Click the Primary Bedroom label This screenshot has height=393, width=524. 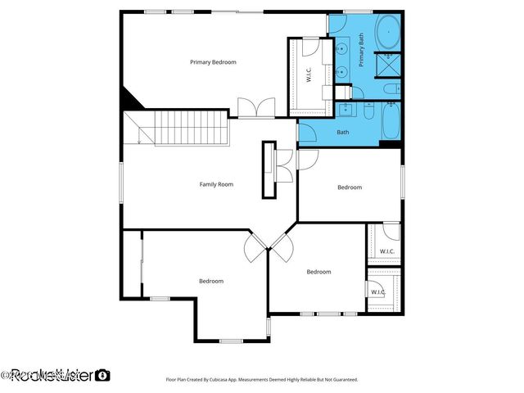(213, 62)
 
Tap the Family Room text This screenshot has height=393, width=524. (216, 184)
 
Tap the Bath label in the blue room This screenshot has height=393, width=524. (342, 132)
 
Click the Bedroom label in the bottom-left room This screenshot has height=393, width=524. (210, 281)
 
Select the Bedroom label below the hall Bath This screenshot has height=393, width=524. (350, 187)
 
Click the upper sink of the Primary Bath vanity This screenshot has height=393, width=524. (342, 51)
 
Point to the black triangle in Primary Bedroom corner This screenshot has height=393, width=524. (129, 100)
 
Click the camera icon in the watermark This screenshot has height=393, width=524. (102, 375)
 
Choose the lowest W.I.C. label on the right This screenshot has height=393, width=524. (377, 291)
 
